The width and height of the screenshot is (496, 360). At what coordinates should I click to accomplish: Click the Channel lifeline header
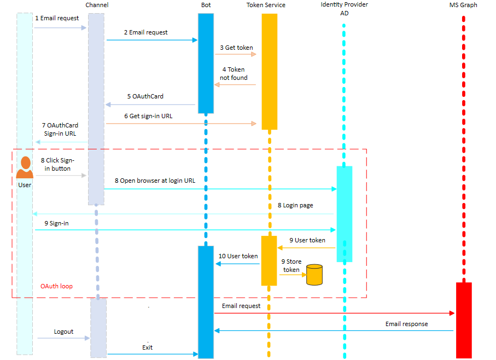[x=97, y=5]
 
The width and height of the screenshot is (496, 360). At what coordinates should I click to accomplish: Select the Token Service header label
[x=266, y=5]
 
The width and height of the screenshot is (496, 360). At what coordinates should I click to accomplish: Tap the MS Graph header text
[x=463, y=5]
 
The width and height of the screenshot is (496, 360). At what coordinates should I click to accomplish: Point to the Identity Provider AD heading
[x=345, y=9]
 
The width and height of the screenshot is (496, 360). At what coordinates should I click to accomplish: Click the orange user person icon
[x=25, y=167]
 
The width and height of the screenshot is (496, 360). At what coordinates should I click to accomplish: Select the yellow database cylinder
[x=314, y=275]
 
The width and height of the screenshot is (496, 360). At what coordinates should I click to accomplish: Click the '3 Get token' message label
[x=236, y=48]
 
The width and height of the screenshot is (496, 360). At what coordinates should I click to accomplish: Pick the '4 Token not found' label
[x=234, y=74]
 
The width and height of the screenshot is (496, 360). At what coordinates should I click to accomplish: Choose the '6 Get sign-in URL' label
[x=148, y=116]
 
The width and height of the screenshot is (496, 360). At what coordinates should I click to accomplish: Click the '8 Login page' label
[x=295, y=205]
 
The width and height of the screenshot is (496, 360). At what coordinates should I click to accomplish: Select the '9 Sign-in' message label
[x=57, y=223]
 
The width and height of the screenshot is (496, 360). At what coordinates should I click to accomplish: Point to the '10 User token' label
[x=238, y=256]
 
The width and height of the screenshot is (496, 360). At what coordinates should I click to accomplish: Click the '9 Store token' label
[x=291, y=266]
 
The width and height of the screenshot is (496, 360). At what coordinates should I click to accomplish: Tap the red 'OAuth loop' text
[x=56, y=286]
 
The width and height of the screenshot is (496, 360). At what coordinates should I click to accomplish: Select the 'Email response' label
[x=406, y=324]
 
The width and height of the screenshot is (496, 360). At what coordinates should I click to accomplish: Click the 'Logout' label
[x=63, y=332]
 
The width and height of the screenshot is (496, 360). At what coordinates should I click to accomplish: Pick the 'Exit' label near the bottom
[x=148, y=347]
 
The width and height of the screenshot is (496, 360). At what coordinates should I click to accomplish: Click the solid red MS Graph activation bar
[x=463, y=320]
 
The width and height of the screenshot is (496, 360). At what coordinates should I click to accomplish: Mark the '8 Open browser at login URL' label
[x=155, y=180]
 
